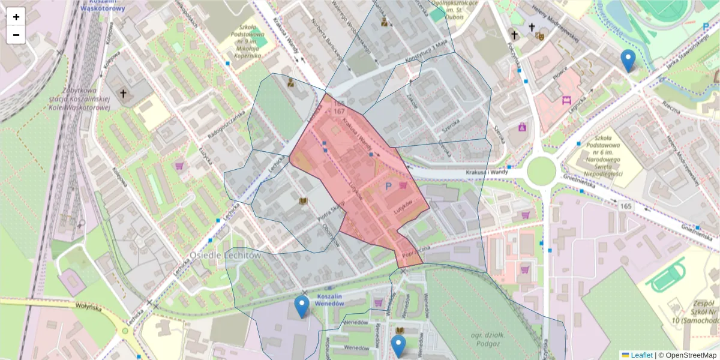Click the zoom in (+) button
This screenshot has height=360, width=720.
point(16,17)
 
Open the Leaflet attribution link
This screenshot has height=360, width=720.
point(641,355)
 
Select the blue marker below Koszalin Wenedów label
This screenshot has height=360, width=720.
point(302,307)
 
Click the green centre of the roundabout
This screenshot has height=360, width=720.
point(541,172)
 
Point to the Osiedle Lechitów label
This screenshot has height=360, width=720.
point(226,255)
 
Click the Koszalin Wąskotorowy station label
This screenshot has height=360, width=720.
point(104,6)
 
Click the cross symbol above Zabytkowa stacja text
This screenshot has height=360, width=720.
point(124,94)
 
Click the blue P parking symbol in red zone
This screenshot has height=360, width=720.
point(388,187)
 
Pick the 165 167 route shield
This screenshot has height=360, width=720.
point(338,107)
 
